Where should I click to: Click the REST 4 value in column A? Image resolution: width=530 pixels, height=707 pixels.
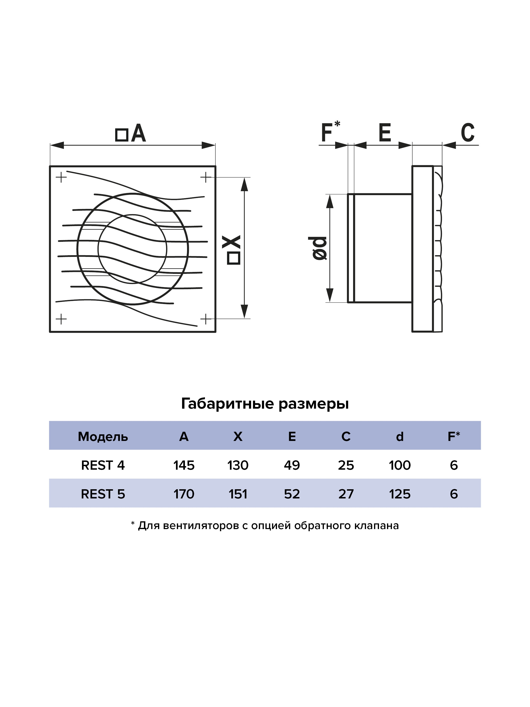(184, 465)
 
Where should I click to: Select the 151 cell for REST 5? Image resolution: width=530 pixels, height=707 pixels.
(238, 494)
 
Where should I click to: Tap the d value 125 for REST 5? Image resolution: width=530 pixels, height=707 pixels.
(400, 494)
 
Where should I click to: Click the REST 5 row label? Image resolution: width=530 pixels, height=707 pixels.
(103, 494)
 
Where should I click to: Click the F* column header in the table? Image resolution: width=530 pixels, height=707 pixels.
(454, 436)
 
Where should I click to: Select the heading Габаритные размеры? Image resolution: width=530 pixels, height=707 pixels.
(265, 404)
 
